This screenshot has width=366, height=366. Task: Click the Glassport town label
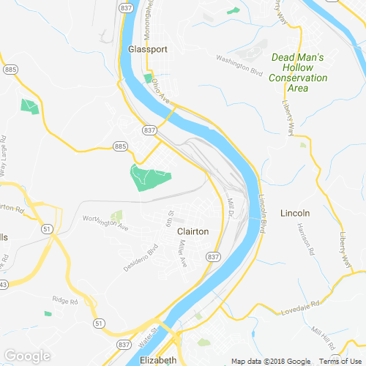tap(148, 49)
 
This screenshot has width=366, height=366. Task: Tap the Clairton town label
tap(193, 231)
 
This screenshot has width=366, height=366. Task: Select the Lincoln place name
tap(296, 213)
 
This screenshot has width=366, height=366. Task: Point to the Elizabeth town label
tap(157, 361)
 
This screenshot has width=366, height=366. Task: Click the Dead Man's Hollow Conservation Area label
tap(297, 72)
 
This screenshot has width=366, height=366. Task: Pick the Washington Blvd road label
tap(239, 64)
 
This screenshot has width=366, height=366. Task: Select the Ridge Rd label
tap(64, 299)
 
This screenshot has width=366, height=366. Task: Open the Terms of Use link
tap(339, 362)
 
